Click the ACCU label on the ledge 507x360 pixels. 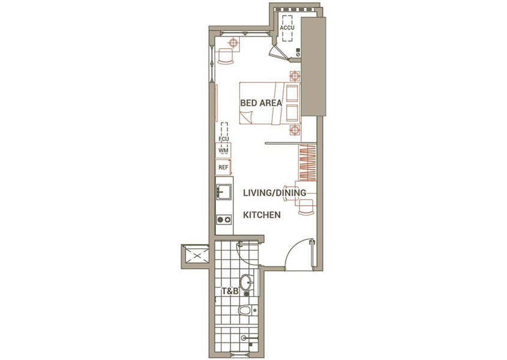[287, 28]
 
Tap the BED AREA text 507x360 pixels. [261, 103]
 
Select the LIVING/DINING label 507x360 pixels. [275, 193]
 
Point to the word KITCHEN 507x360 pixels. [262, 215]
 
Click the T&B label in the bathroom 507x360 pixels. [230, 292]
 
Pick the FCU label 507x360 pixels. [224, 139]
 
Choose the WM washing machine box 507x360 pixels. [223, 151]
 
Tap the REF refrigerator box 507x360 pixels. [223, 167]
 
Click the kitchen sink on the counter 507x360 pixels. [224, 192]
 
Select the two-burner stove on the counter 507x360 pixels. [224, 220]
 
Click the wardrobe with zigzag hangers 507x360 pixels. [307, 163]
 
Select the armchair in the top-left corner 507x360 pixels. [226, 56]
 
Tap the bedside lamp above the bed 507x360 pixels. [294, 76]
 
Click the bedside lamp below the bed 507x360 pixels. [294, 130]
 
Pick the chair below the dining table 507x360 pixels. [305, 207]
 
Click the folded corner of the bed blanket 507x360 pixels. [247, 116]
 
